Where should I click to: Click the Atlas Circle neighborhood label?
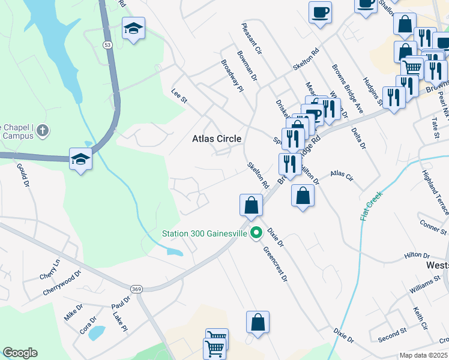(x=217, y=139)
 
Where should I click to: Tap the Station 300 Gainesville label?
(x=204, y=233)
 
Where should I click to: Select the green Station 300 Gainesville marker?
(x=256, y=233)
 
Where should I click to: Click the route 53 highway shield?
(x=107, y=44)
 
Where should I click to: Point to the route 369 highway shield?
(x=136, y=289)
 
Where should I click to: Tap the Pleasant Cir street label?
(x=252, y=40)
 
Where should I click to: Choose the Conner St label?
(x=433, y=227)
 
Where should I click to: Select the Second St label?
(x=393, y=335)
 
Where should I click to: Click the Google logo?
(x=20, y=353)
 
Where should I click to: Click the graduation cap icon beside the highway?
(x=80, y=159)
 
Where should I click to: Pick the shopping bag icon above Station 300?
(x=252, y=205)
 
